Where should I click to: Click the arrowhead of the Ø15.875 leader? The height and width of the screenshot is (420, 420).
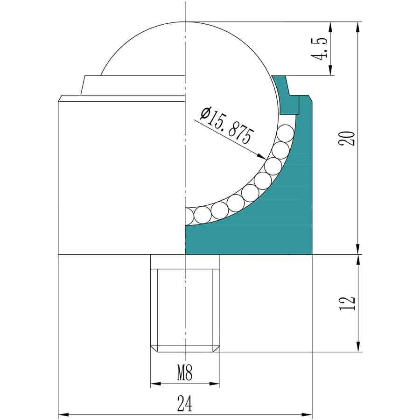tap(261, 156)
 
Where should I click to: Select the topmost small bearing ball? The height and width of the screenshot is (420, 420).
tap(285, 133)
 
